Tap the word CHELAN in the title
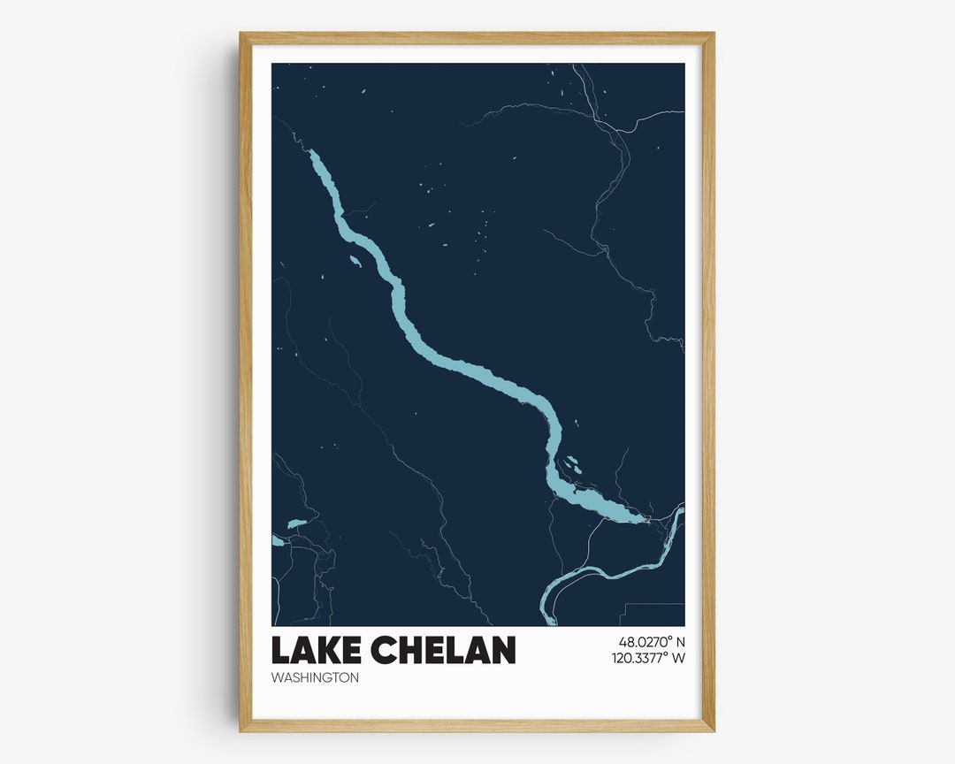444,651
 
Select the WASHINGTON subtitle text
315,678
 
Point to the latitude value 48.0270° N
652,642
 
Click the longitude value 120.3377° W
648,658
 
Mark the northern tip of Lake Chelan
310,152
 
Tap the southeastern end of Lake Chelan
643,519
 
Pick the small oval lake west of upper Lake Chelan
355,261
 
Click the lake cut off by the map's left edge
278,540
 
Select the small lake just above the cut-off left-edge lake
296,523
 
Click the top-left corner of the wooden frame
241,34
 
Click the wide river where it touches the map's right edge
681,508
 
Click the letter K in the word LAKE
328,651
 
